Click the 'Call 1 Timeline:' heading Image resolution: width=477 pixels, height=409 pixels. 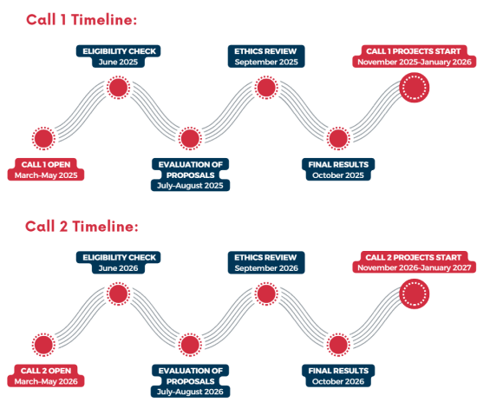(82, 20)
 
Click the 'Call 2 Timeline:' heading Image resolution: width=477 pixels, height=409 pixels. (82, 227)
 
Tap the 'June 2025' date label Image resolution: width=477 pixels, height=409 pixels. (118, 63)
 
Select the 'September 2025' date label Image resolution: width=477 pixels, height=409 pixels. (266, 63)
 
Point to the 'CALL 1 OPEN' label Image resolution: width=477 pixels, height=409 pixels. (46, 164)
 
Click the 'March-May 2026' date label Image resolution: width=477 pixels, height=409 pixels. (46, 381)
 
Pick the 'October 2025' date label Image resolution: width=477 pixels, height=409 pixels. (338, 175)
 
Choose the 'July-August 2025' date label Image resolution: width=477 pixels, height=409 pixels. (190, 186)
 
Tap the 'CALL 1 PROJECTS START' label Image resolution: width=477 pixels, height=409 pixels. (414, 51)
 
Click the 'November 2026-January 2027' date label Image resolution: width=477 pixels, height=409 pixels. (415, 268)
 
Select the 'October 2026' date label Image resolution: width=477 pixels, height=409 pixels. (338, 381)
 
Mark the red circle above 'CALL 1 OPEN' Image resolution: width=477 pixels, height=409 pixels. (44, 139)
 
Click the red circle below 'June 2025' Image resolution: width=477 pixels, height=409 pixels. (118, 88)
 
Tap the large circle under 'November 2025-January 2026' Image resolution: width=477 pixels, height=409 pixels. (414, 88)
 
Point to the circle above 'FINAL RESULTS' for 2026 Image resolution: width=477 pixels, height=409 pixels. (338, 345)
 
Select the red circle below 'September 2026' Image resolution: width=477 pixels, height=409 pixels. (266, 294)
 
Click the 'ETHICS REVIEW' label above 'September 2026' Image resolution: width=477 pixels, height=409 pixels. (265, 258)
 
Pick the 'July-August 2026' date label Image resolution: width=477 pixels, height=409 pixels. (190, 392)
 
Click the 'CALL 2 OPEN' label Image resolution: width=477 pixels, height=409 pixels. (46, 371)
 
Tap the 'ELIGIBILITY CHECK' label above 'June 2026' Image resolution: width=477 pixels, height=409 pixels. (120, 258)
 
